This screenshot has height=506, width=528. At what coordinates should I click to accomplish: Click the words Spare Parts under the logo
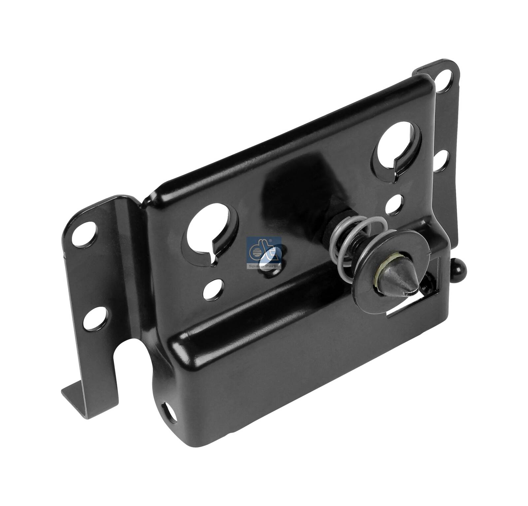click(264, 265)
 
